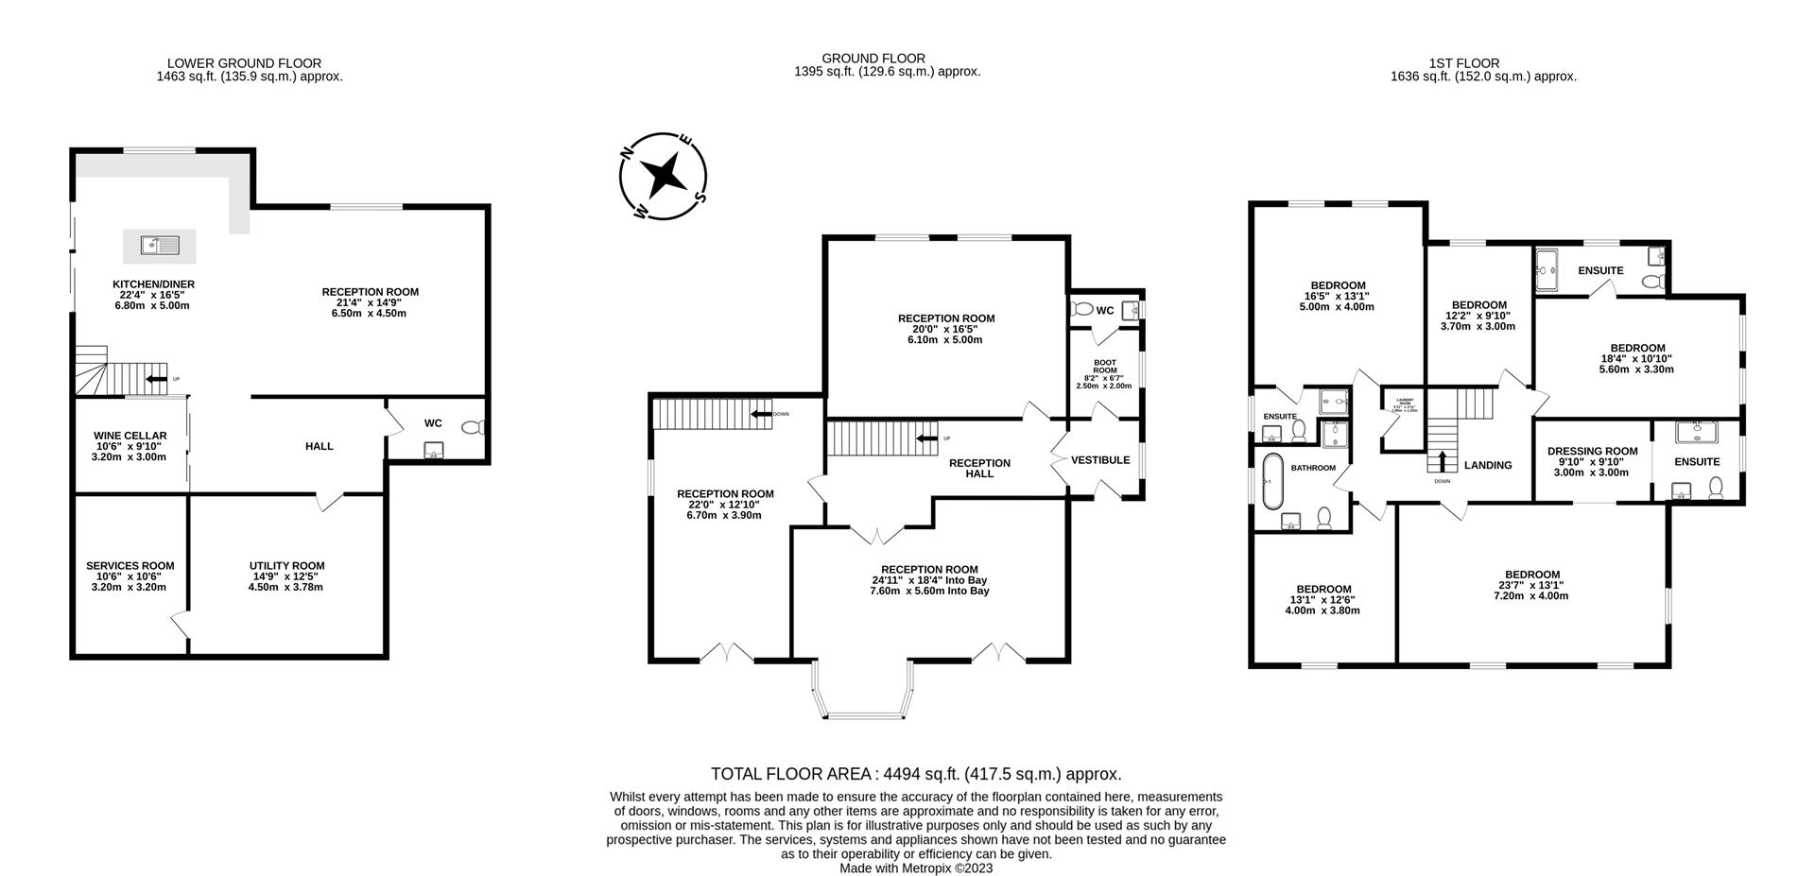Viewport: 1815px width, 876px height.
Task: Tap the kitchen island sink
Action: coord(160,246)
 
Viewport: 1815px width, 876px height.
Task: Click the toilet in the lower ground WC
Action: coord(473,428)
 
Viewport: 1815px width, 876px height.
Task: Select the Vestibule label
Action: coord(1100,460)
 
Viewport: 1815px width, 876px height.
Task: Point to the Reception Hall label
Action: coord(979,468)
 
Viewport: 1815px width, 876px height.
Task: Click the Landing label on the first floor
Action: coord(1488,465)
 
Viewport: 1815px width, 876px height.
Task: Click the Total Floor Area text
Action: coord(915,774)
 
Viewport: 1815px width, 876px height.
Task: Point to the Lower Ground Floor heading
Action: coord(244,63)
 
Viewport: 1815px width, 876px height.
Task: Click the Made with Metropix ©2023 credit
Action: coord(915,867)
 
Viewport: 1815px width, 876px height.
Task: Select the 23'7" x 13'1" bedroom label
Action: coord(1531,585)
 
